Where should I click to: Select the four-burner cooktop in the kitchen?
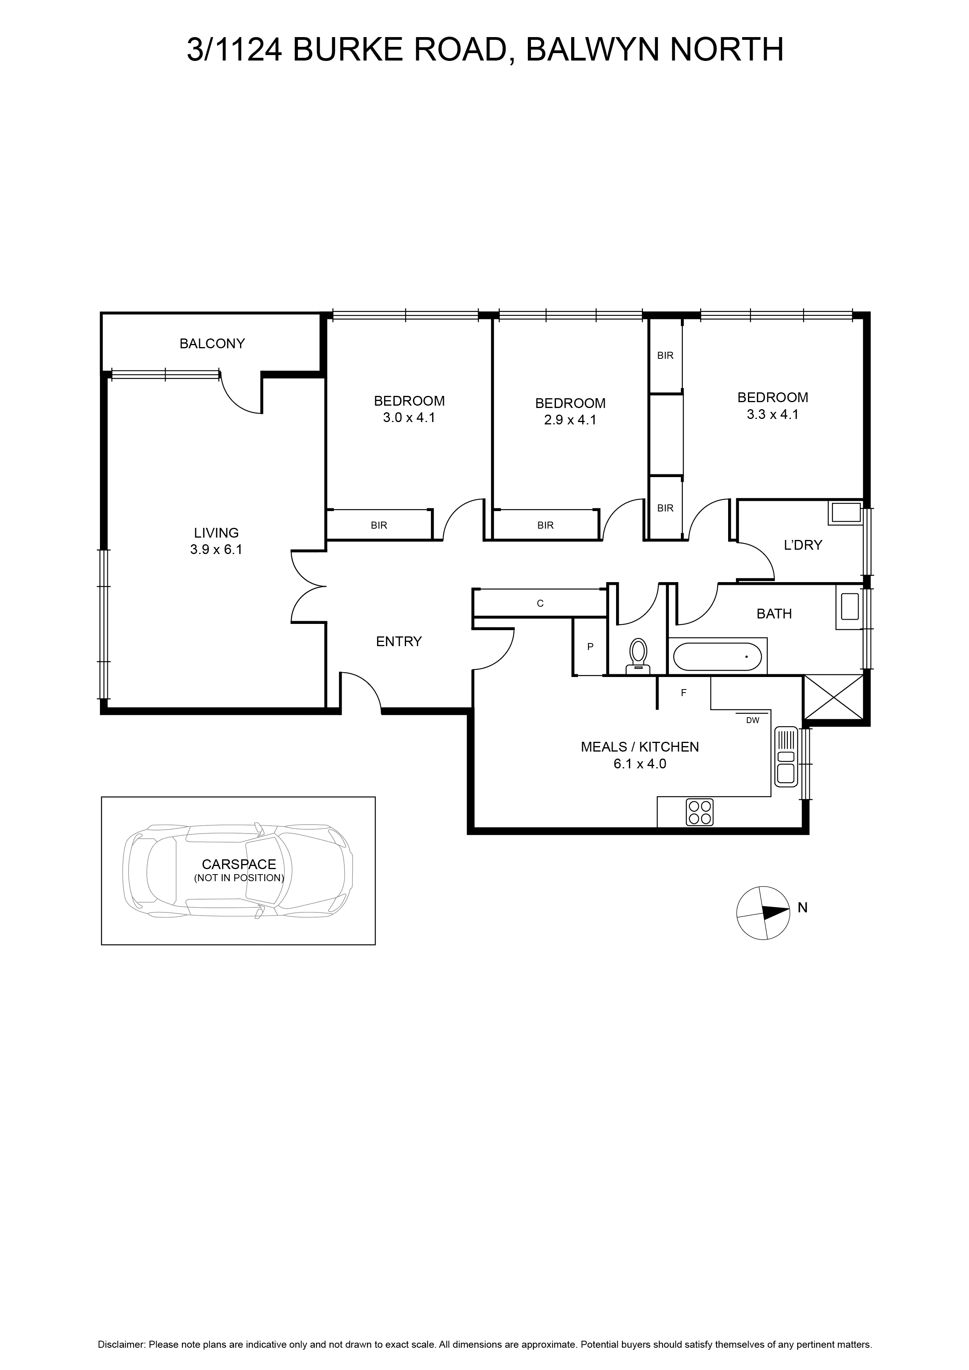click(x=700, y=812)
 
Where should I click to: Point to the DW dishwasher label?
click(x=752, y=720)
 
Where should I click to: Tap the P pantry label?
click(x=590, y=646)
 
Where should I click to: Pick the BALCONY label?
click(x=212, y=343)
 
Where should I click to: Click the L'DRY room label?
click(x=803, y=544)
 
